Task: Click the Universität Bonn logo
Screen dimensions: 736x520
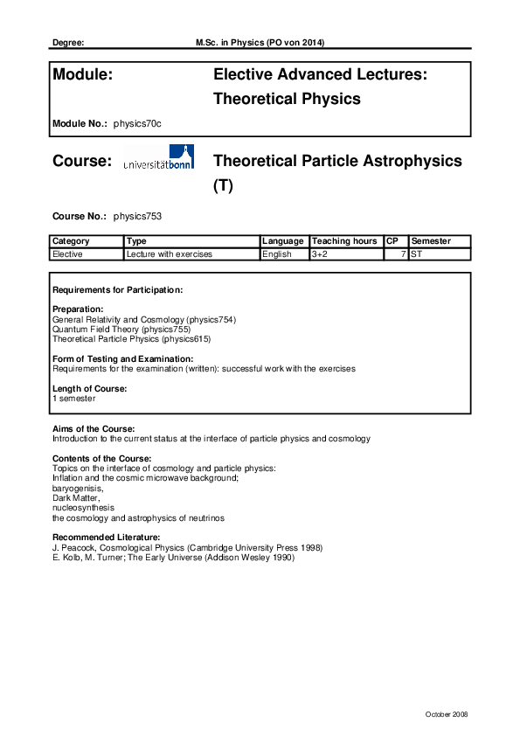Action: (159, 158)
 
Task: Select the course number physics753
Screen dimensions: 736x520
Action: (137, 215)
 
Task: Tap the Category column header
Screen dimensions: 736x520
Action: (71, 241)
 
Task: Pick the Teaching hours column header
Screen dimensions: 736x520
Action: (344, 241)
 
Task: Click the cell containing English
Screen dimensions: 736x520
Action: (277, 254)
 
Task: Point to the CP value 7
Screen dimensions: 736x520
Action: (403, 254)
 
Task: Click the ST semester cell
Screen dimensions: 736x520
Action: (417, 254)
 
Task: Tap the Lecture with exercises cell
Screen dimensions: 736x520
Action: (170, 254)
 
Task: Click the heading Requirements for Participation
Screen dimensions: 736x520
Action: (117, 289)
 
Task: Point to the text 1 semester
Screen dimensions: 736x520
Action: (74, 399)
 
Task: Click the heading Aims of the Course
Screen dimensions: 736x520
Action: (94, 429)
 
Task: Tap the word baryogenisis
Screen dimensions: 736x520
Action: (77, 488)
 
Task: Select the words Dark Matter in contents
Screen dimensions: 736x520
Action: (76, 497)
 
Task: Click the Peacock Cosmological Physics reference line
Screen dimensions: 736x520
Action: (187, 547)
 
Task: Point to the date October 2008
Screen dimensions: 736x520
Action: (447, 714)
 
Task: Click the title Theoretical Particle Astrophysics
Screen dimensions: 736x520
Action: (337, 162)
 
